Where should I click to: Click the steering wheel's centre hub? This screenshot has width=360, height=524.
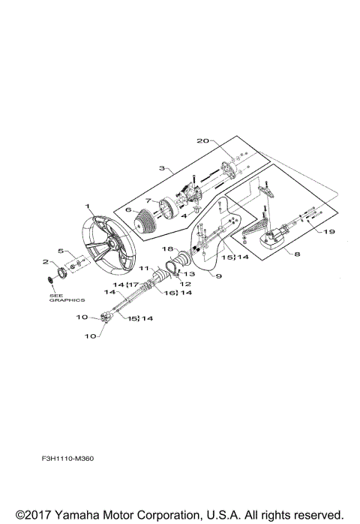[112, 244]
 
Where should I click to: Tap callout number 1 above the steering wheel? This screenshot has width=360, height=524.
[87, 206]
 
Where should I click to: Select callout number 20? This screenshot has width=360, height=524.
[202, 140]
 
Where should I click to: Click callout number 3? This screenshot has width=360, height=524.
[162, 167]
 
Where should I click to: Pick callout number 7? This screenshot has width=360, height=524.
[148, 201]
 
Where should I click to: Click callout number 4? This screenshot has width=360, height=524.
[184, 216]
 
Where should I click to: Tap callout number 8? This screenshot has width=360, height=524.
[297, 254]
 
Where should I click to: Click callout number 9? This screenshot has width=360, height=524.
[219, 276]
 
